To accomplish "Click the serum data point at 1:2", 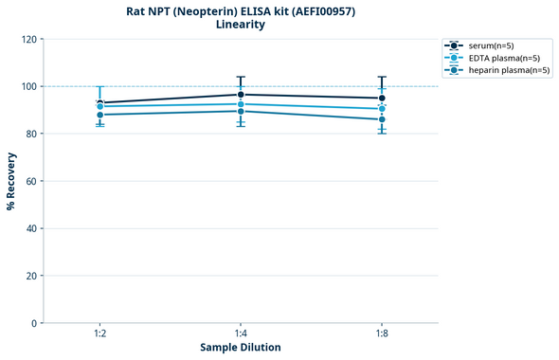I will point(100,102).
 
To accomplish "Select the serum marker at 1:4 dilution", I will point(241,95).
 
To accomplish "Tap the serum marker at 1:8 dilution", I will point(382,98).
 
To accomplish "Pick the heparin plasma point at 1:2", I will point(100,115).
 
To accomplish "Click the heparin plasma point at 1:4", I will point(241,111).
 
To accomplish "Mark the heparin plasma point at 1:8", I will point(382,119).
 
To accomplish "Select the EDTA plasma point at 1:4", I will point(241,104).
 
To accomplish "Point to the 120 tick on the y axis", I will point(28,39).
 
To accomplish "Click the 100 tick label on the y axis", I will point(28,86).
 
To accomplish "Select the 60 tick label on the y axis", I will point(31,181).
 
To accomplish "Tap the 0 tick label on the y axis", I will point(34,323).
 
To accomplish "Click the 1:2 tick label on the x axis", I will point(100,333).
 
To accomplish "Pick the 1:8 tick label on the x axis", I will point(382,333).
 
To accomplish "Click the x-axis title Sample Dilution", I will point(241,348).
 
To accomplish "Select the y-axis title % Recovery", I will point(11,180).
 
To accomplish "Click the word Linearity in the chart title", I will point(241,25).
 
